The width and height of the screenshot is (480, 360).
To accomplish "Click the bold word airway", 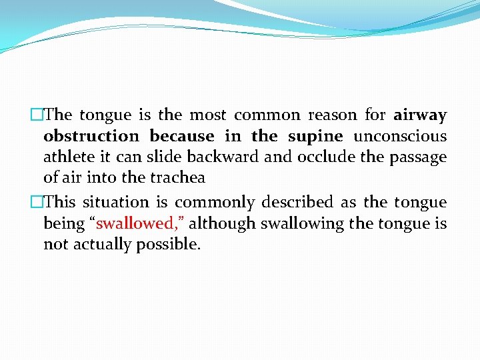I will pos(420,115).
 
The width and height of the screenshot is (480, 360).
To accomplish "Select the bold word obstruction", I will pos(91,136).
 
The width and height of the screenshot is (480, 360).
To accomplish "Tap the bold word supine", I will pos(315,137).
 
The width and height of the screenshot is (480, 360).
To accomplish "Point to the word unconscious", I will pos(400,136).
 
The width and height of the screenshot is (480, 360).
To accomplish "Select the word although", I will pos(222,223).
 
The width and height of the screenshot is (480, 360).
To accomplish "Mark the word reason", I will pos(332,115).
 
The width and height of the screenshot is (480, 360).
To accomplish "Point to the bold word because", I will pos(181,136).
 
